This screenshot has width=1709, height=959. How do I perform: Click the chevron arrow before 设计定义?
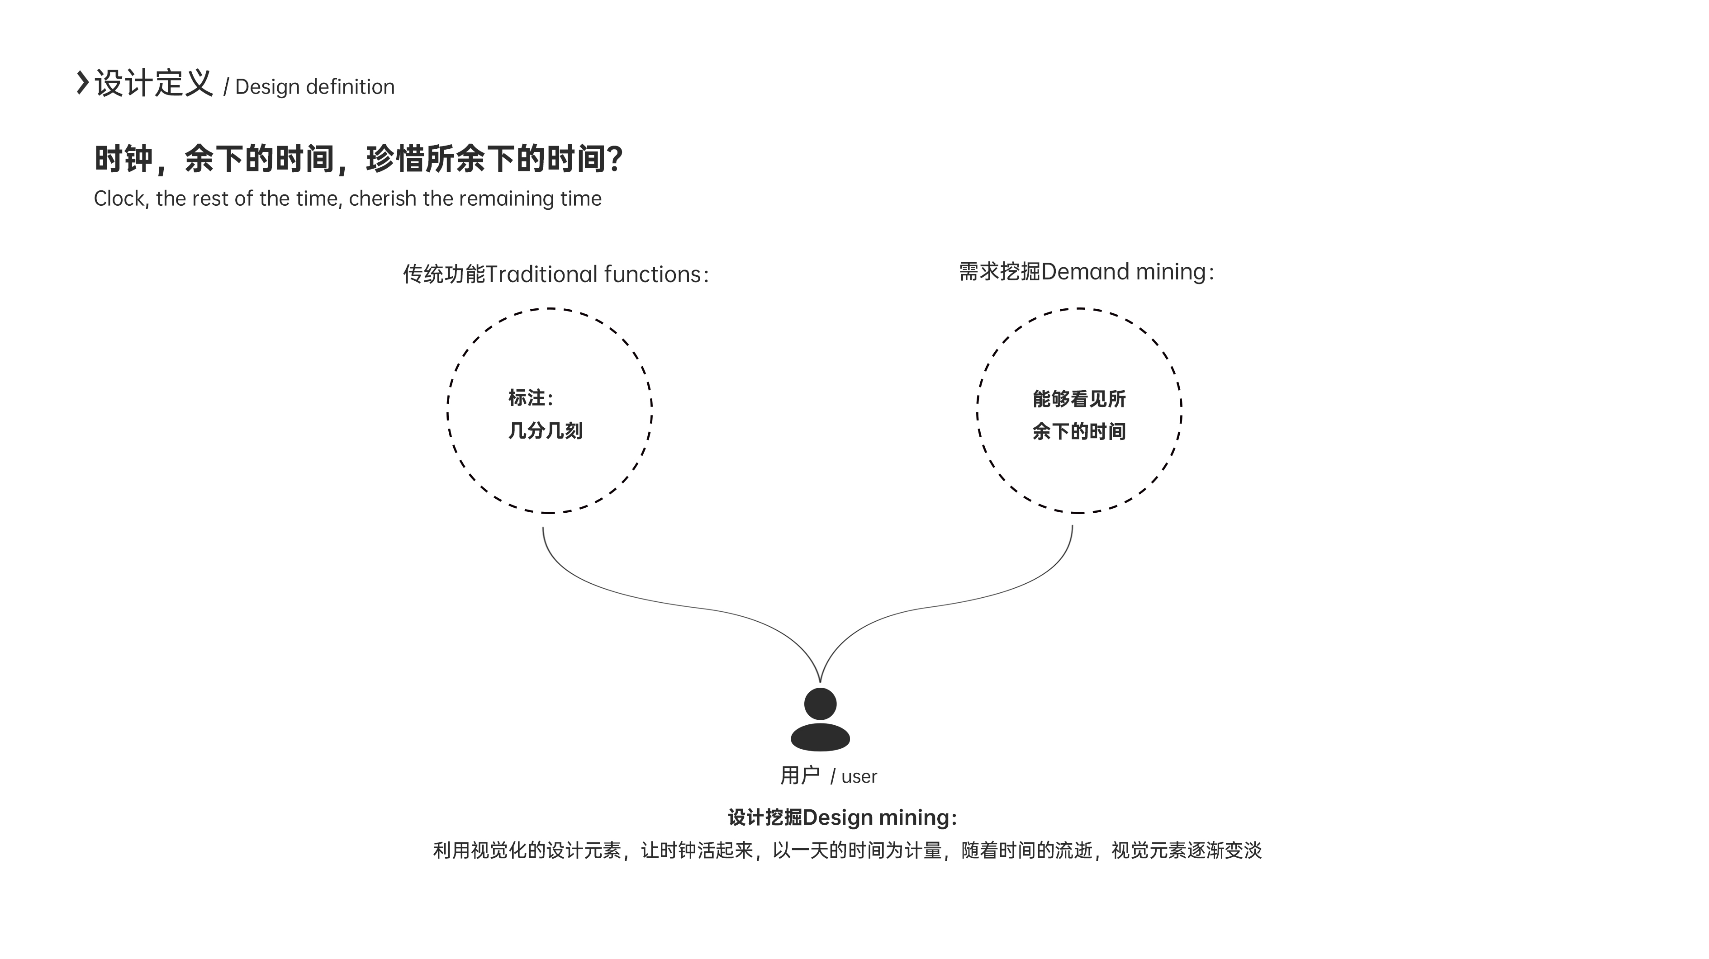[x=83, y=82]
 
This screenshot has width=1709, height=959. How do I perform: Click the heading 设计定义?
[x=153, y=84]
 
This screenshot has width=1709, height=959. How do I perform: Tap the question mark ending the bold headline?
[x=614, y=159]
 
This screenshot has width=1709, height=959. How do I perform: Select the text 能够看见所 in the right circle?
[x=1079, y=399]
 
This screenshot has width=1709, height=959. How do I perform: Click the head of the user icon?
[x=820, y=704]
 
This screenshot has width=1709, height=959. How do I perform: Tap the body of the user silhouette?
[x=820, y=737]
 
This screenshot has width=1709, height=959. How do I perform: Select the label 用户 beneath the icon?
[x=799, y=775]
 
